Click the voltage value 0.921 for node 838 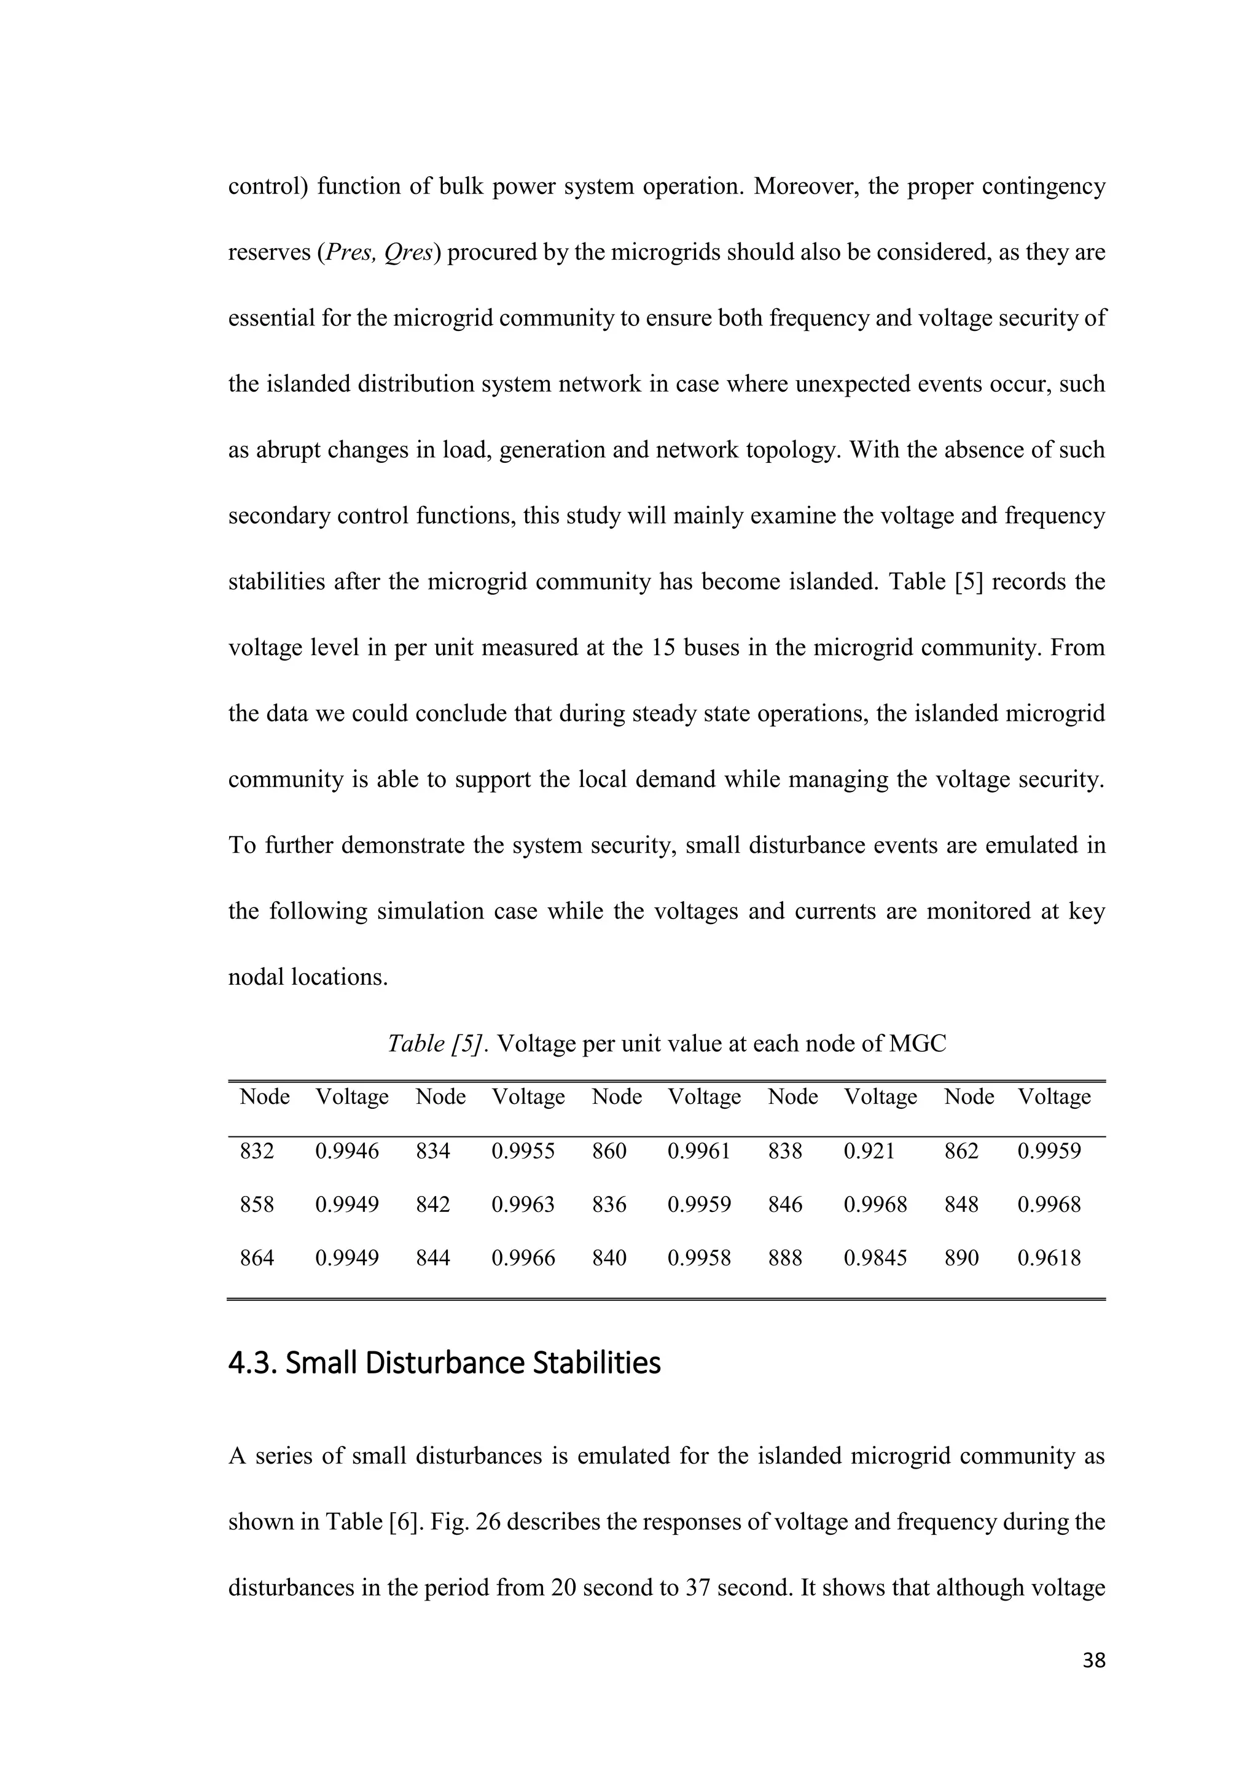pos(869,1152)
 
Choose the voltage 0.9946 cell pos(346,1152)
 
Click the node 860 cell pos(609,1152)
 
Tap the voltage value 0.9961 pos(698,1152)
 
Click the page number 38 pos(1093,1660)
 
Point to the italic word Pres pos(350,252)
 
